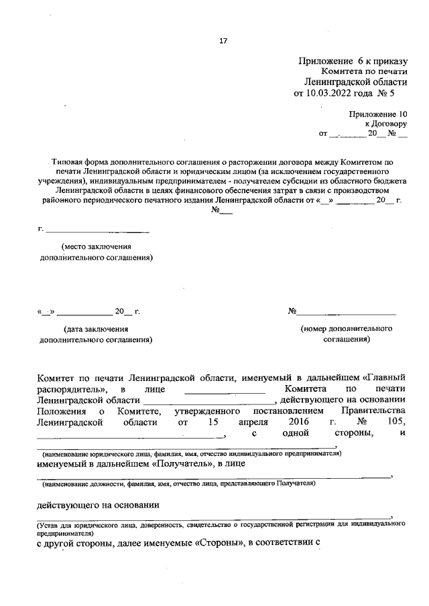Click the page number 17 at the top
223,41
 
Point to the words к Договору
386,124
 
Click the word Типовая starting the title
70,162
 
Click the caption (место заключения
93,246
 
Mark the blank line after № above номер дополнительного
347,313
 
